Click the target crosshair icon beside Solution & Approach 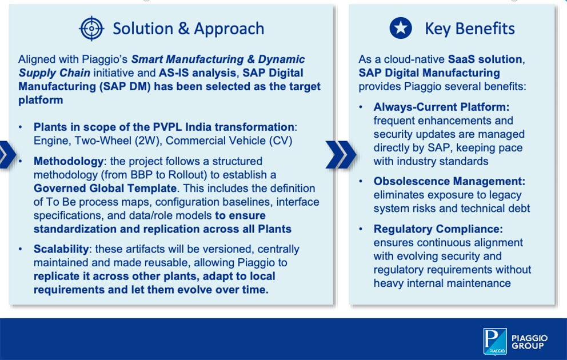tap(91, 28)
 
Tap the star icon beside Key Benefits tap(401, 28)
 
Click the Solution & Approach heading tap(189, 29)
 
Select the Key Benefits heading tap(470, 29)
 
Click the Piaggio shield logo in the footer tap(494, 341)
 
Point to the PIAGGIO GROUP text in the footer tap(529, 342)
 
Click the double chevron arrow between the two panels tap(341, 155)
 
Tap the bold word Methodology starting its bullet tap(69, 161)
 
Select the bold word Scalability tap(61, 249)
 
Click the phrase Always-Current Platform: tap(441, 107)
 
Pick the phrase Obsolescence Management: tap(449, 181)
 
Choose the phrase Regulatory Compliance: tap(438, 229)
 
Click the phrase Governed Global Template tap(105, 189)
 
